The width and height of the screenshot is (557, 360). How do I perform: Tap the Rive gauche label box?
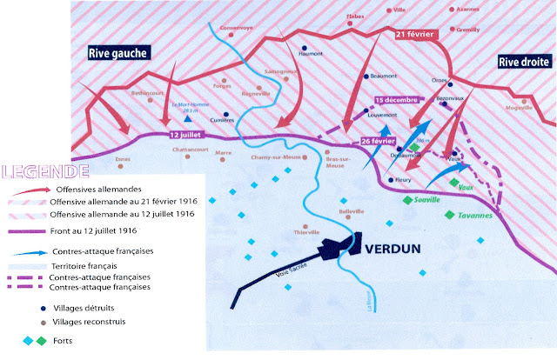pyautogui.click(x=118, y=54)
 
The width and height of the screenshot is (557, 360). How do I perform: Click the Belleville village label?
pyautogui.click(x=352, y=211)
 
